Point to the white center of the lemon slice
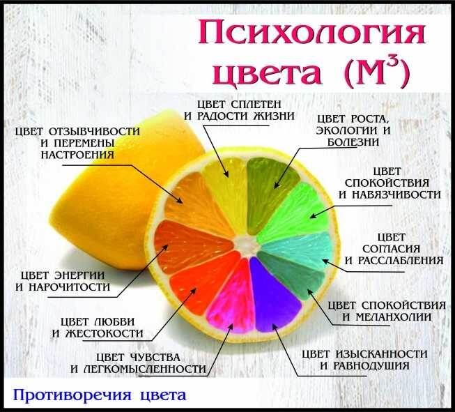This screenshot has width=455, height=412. point(247,245)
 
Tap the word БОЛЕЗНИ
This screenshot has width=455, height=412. point(353,142)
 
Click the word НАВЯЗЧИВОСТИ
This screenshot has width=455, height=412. point(396,194)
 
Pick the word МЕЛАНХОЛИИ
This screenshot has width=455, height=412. point(394,317)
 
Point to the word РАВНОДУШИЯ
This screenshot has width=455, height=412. point(371,366)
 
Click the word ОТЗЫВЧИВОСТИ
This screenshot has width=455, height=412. point(94,132)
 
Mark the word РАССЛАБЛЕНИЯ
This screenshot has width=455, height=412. point(401,261)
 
